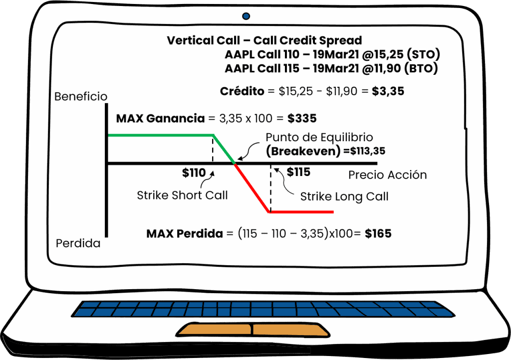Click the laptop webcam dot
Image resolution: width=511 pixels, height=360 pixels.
click(x=246, y=16)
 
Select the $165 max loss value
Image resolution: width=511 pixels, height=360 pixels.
click(x=378, y=233)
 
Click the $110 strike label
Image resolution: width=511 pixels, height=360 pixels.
click(x=194, y=173)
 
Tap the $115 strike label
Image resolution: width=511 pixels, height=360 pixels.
click(x=298, y=173)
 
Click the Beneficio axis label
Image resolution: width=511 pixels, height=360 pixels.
click(x=81, y=96)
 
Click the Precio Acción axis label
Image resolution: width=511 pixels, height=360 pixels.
click(x=387, y=175)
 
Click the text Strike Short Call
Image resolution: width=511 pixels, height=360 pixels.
click(x=182, y=195)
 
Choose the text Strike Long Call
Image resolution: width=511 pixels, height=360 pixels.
click(x=344, y=197)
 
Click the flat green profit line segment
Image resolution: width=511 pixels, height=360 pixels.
click(x=160, y=135)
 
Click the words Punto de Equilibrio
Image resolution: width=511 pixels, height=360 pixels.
click(x=319, y=137)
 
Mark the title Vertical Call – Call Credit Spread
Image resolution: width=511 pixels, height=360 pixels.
click(x=264, y=40)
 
